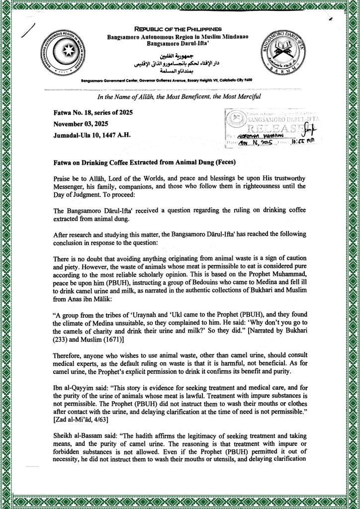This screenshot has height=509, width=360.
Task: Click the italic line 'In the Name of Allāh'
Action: pos(180,96)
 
